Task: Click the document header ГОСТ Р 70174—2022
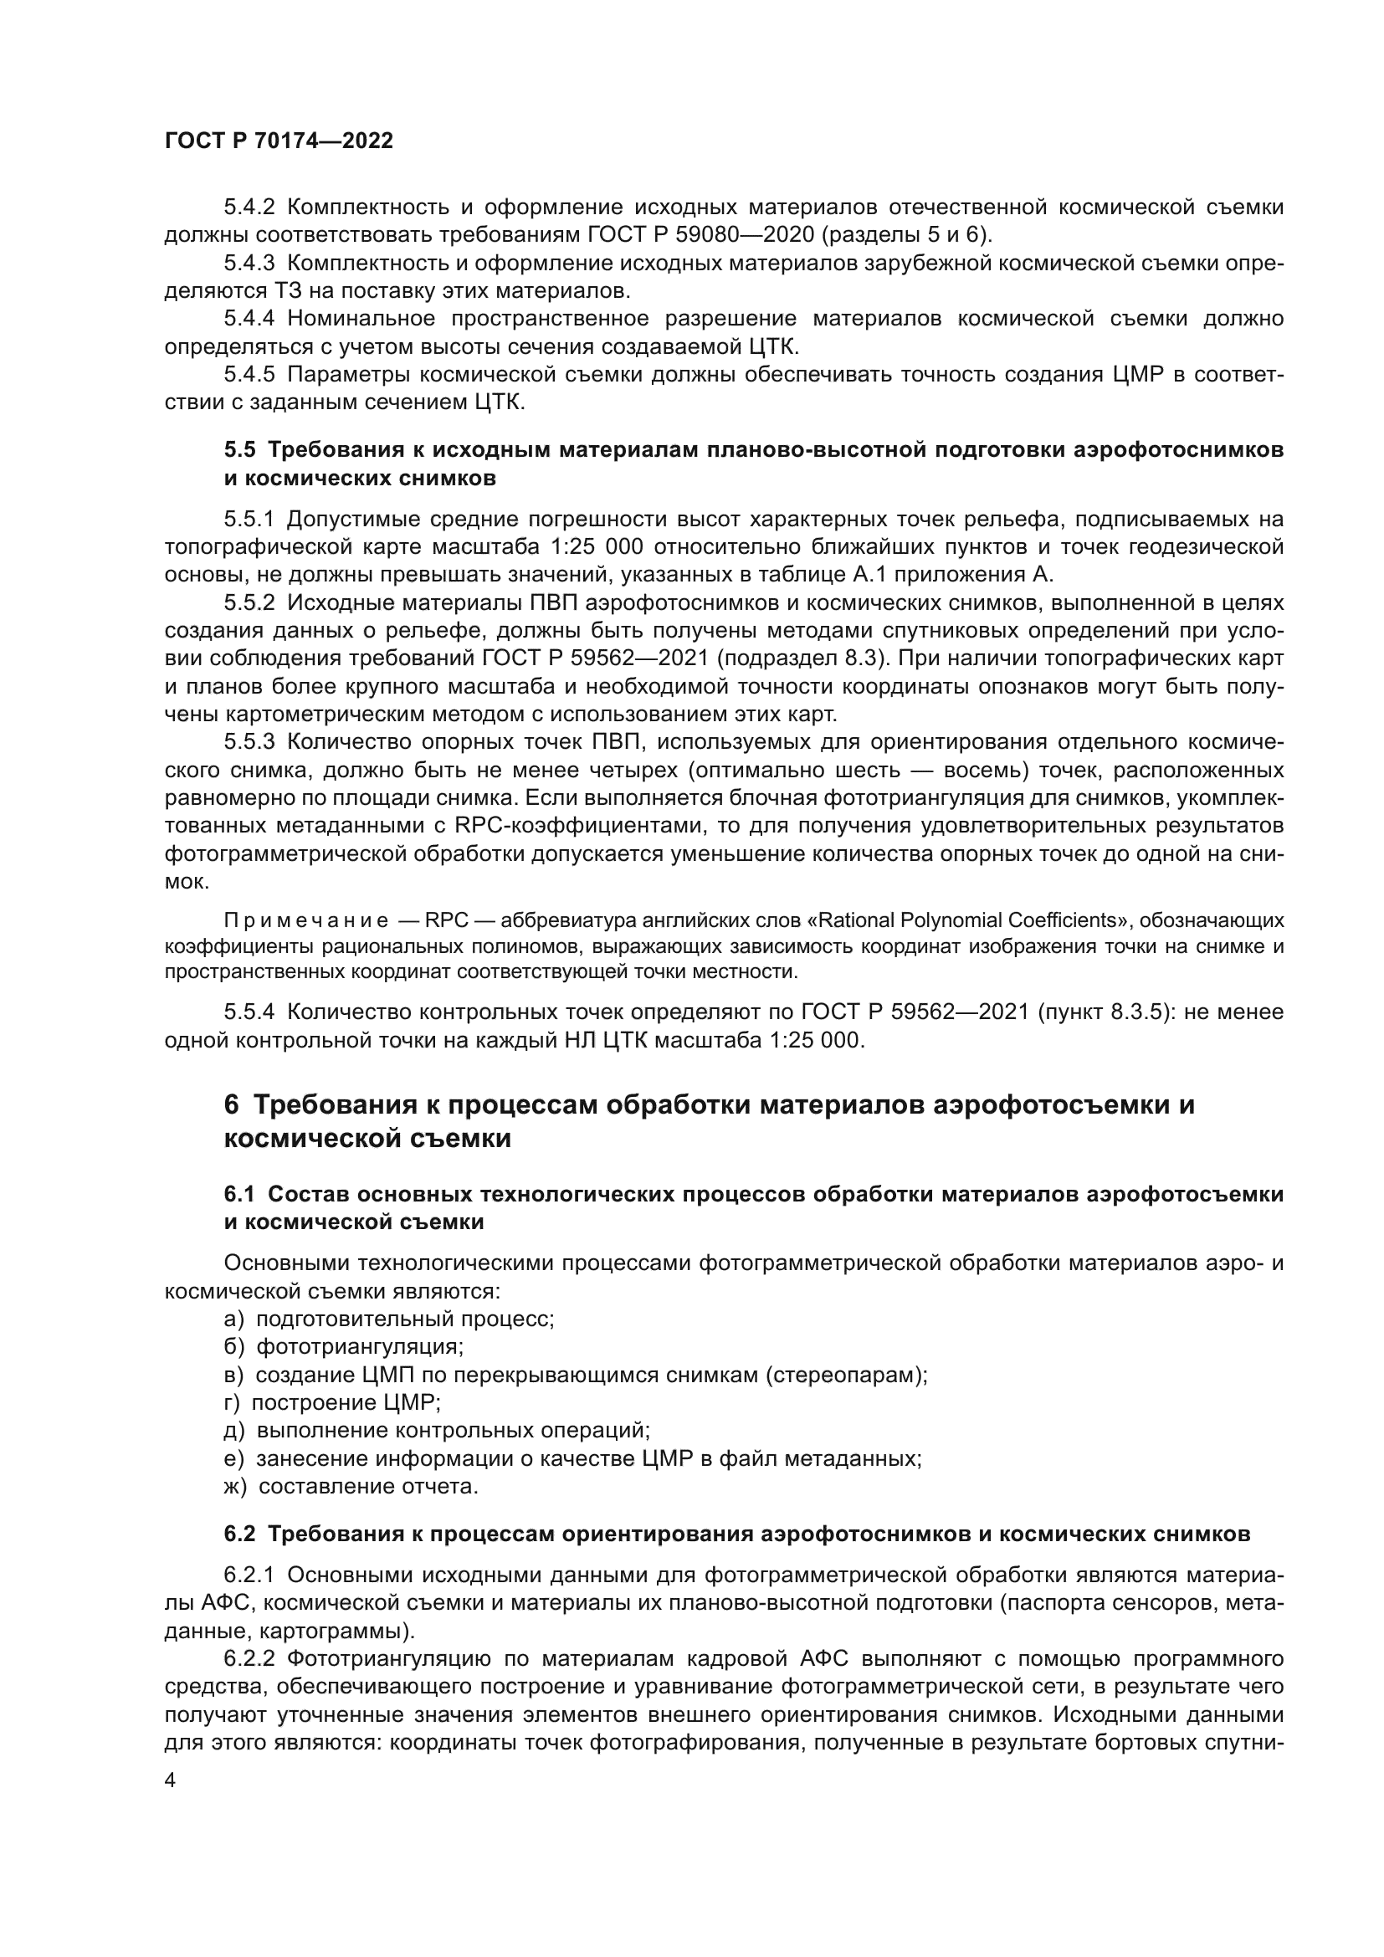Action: tap(279, 141)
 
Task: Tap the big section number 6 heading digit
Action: tap(232, 1104)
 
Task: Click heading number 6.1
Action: tap(239, 1194)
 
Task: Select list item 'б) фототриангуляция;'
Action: tap(343, 1347)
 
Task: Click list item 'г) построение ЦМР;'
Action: tap(332, 1402)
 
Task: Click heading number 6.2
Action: tap(239, 1534)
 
